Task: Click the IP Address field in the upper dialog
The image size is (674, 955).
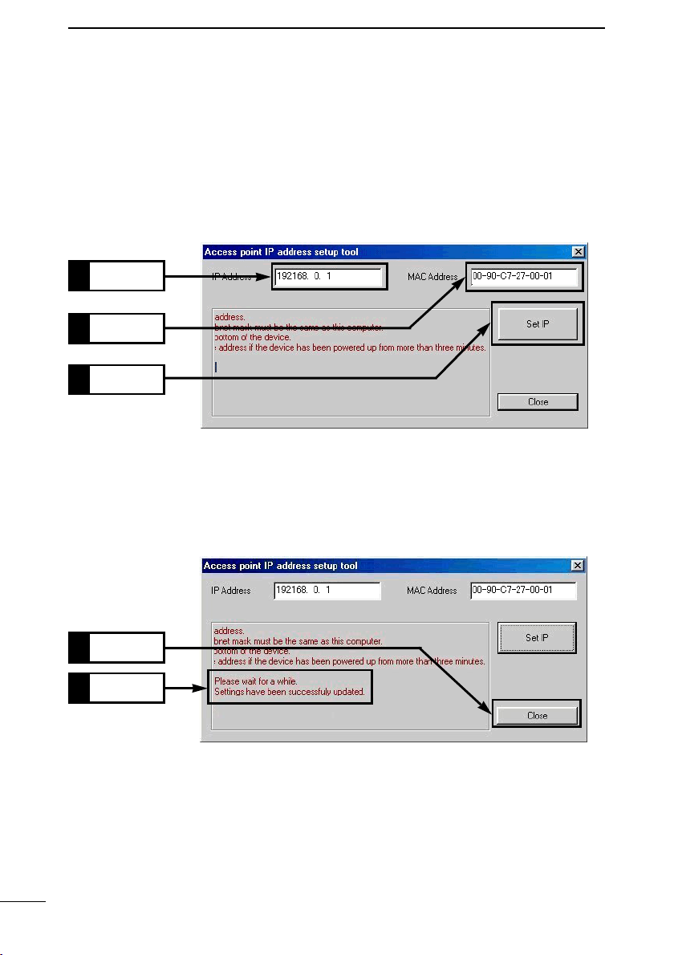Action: tap(328, 277)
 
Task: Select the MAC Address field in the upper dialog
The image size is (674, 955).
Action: tap(523, 277)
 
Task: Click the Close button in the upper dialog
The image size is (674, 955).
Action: tap(538, 402)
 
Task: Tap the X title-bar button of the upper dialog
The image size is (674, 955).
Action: tap(578, 252)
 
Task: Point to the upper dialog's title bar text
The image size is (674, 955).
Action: tap(281, 252)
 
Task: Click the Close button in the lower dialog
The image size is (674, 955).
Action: tap(537, 715)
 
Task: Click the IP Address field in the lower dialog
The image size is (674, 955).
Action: tap(327, 591)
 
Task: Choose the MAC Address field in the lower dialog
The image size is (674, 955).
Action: tap(523, 591)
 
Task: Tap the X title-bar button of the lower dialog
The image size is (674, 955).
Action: tap(578, 566)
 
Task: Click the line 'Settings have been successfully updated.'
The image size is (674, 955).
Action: tap(290, 691)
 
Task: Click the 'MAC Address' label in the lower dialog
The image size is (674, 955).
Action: tap(432, 591)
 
